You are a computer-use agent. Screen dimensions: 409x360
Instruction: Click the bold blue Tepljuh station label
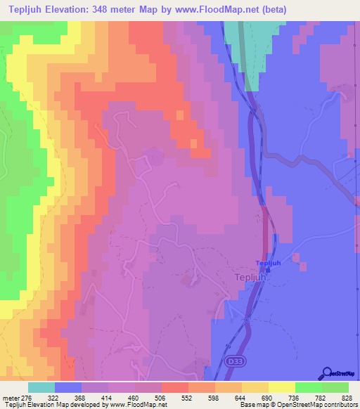tap(268, 264)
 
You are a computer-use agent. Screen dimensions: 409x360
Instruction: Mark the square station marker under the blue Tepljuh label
tap(268, 271)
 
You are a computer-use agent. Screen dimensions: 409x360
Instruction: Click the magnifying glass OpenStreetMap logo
tap(326, 373)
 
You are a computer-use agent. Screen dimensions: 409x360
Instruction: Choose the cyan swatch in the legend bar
tap(41, 387)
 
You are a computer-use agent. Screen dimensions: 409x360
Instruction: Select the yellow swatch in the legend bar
tap(281, 387)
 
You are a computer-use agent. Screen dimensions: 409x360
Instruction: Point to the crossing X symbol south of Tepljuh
tap(247, 319)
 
